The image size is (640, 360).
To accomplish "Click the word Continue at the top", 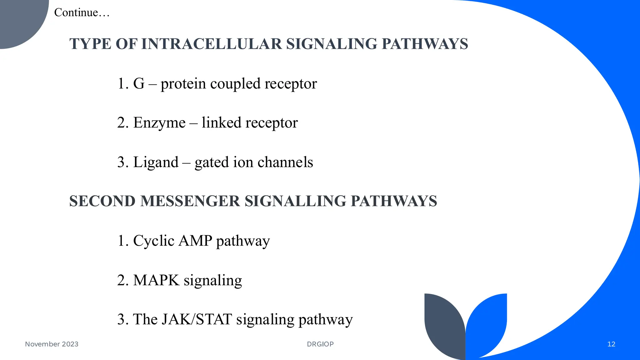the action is [x=76, y=12].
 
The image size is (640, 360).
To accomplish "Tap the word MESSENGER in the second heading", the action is [x=190, y=201].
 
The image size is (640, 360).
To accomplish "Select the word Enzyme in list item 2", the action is [x=159, y=123].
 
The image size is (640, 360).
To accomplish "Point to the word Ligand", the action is [x=156, y=162].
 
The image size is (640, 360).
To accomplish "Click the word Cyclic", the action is [x=154, y=241].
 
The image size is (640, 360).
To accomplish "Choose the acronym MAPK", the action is [x=156, y=280].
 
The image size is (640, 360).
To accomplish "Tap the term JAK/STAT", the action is [x=197, y=319].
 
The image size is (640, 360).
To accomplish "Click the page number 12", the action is [x=611, y=344].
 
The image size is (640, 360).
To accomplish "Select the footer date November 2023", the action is [x=52, y=344].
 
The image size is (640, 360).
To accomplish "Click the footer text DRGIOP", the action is [x=320, y=344].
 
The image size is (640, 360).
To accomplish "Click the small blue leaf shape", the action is [x=487, y=322].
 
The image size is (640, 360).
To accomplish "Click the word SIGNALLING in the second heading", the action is [x=295, y=201].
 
